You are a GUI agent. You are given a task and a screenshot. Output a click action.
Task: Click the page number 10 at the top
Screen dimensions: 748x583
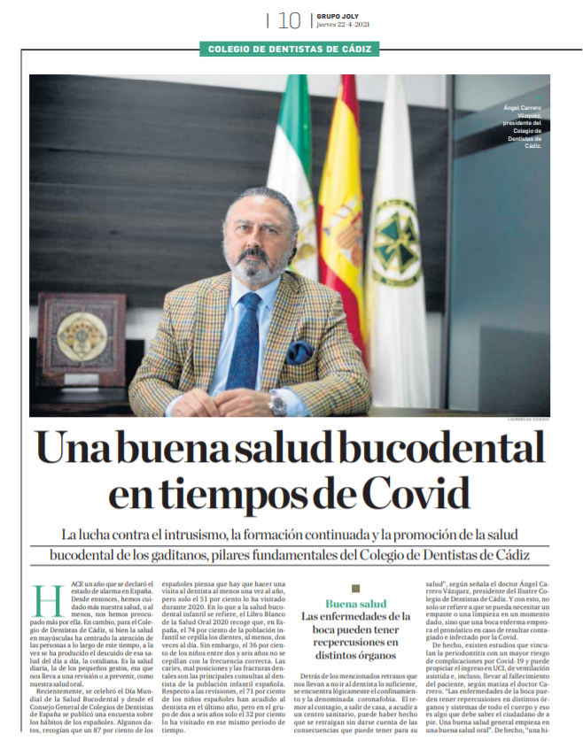[x=289, y=19]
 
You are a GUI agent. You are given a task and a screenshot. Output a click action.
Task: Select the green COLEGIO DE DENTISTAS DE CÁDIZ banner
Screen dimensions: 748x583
[x=291, y=50]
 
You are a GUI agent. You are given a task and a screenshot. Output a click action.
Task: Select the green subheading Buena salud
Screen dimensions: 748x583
[x=355, y=604]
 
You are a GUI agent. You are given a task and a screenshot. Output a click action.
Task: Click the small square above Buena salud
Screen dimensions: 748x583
[x=355, y=588]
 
